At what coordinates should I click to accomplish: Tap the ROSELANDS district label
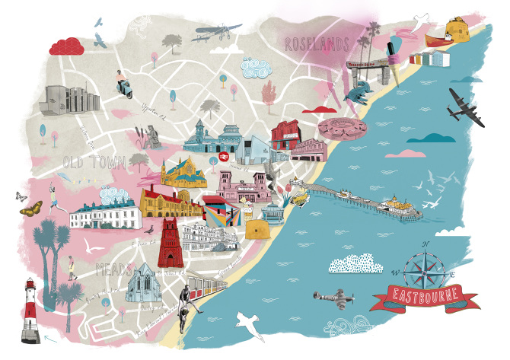(x=317, y=44)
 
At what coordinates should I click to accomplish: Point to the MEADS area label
(x=115, y=269)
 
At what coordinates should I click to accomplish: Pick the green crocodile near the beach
(x=358, y=94)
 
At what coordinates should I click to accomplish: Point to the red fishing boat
(x=441, y=36)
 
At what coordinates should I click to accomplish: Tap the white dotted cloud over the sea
(x=357, y=263)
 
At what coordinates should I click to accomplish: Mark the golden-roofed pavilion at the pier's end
(x=396, y=204)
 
